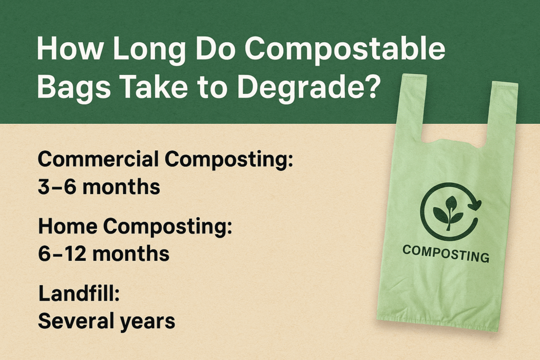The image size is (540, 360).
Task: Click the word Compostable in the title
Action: [x=345, y=49]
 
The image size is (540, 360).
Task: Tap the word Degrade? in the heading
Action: [x=308, y=87]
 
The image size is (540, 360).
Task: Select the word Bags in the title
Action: [x=74, y=87]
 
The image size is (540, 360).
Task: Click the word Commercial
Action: [x=98, y=160]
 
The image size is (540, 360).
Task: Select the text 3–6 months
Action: [x=99, y=187]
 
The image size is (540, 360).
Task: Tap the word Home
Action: [x=67, y=227]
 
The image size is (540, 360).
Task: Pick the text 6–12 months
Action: [x=104, y=254]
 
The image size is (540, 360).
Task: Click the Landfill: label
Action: [x=79, y=294]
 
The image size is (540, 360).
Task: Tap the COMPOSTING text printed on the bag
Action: [x=446, y=254]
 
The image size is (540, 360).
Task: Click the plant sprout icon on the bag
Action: [x=448, y=213]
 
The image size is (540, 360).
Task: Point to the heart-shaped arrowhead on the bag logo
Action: [x=475, y=205]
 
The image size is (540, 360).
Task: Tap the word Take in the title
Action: [x=153, y=87]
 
